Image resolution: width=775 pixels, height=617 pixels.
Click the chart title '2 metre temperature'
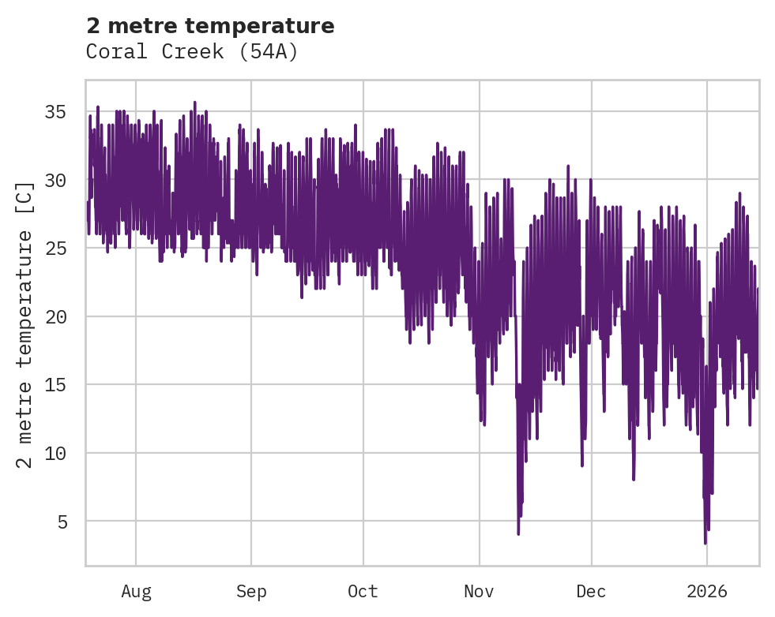pos(210,26)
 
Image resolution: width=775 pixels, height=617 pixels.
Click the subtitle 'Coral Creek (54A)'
pos(192,52)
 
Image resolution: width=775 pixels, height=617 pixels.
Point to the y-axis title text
pos(25,324)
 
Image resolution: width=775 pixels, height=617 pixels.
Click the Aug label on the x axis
pos(136,591)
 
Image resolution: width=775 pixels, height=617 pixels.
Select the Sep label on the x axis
pos(251,591)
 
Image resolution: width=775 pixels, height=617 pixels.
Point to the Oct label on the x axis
pos(363,591)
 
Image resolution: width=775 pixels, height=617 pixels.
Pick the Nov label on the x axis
pos(479,591)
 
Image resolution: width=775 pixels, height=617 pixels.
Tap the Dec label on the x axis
pos(591,591)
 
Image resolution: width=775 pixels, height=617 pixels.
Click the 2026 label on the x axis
pos(706,591)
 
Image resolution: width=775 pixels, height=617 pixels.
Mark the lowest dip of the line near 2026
pos(705,543)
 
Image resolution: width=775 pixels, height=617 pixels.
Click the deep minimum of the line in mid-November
pos(518,533)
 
